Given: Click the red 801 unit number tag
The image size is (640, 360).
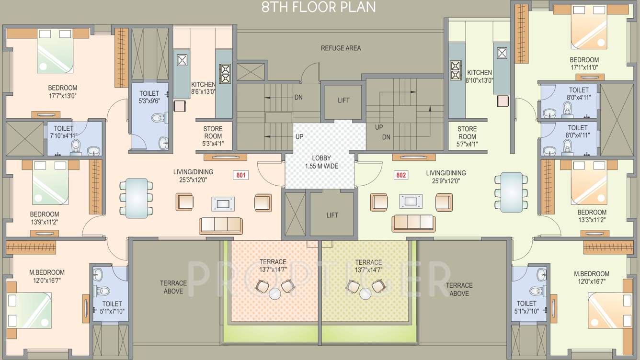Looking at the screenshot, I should [241, 175].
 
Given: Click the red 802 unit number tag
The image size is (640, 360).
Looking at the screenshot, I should [401, 175].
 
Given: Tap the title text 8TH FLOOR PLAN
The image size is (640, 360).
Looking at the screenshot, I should [319, 7].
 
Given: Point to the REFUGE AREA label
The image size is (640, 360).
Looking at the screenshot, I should [341, 48].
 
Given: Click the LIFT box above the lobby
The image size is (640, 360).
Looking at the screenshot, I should [343, 101].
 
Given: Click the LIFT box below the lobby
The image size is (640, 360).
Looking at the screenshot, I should [332, 215].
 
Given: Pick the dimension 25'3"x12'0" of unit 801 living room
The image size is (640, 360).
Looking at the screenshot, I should [194, 180].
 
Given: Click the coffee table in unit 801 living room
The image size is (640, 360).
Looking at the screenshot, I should [223, 203].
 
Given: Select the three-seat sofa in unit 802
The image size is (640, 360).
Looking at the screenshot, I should [413, 223].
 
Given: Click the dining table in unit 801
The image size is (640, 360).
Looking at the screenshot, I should [137, 197].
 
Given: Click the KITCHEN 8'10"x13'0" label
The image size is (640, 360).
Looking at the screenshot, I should [480, 77].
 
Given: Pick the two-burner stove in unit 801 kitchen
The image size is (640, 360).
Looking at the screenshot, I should [225, 74].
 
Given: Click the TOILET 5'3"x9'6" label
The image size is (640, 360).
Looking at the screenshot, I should [150, 97].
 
